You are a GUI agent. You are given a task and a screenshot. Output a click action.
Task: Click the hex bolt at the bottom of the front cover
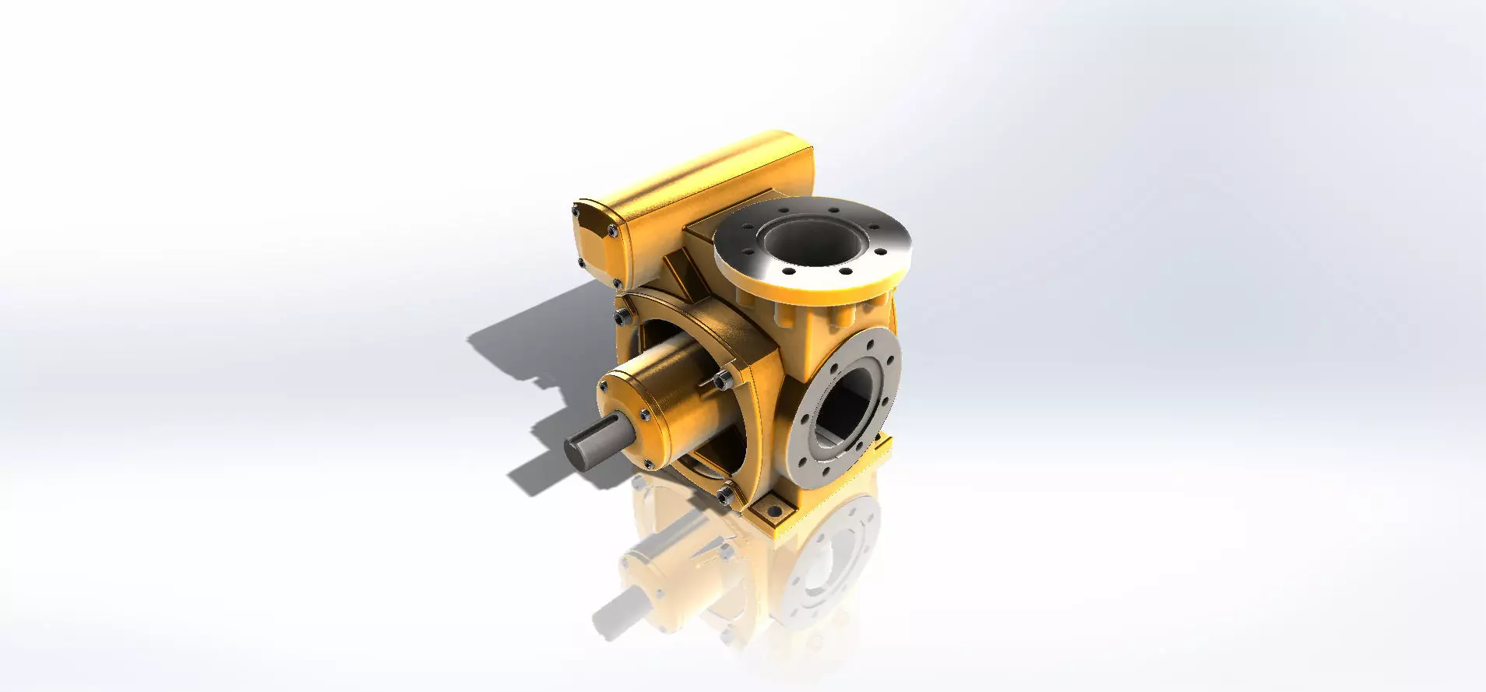tap(727, 493)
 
